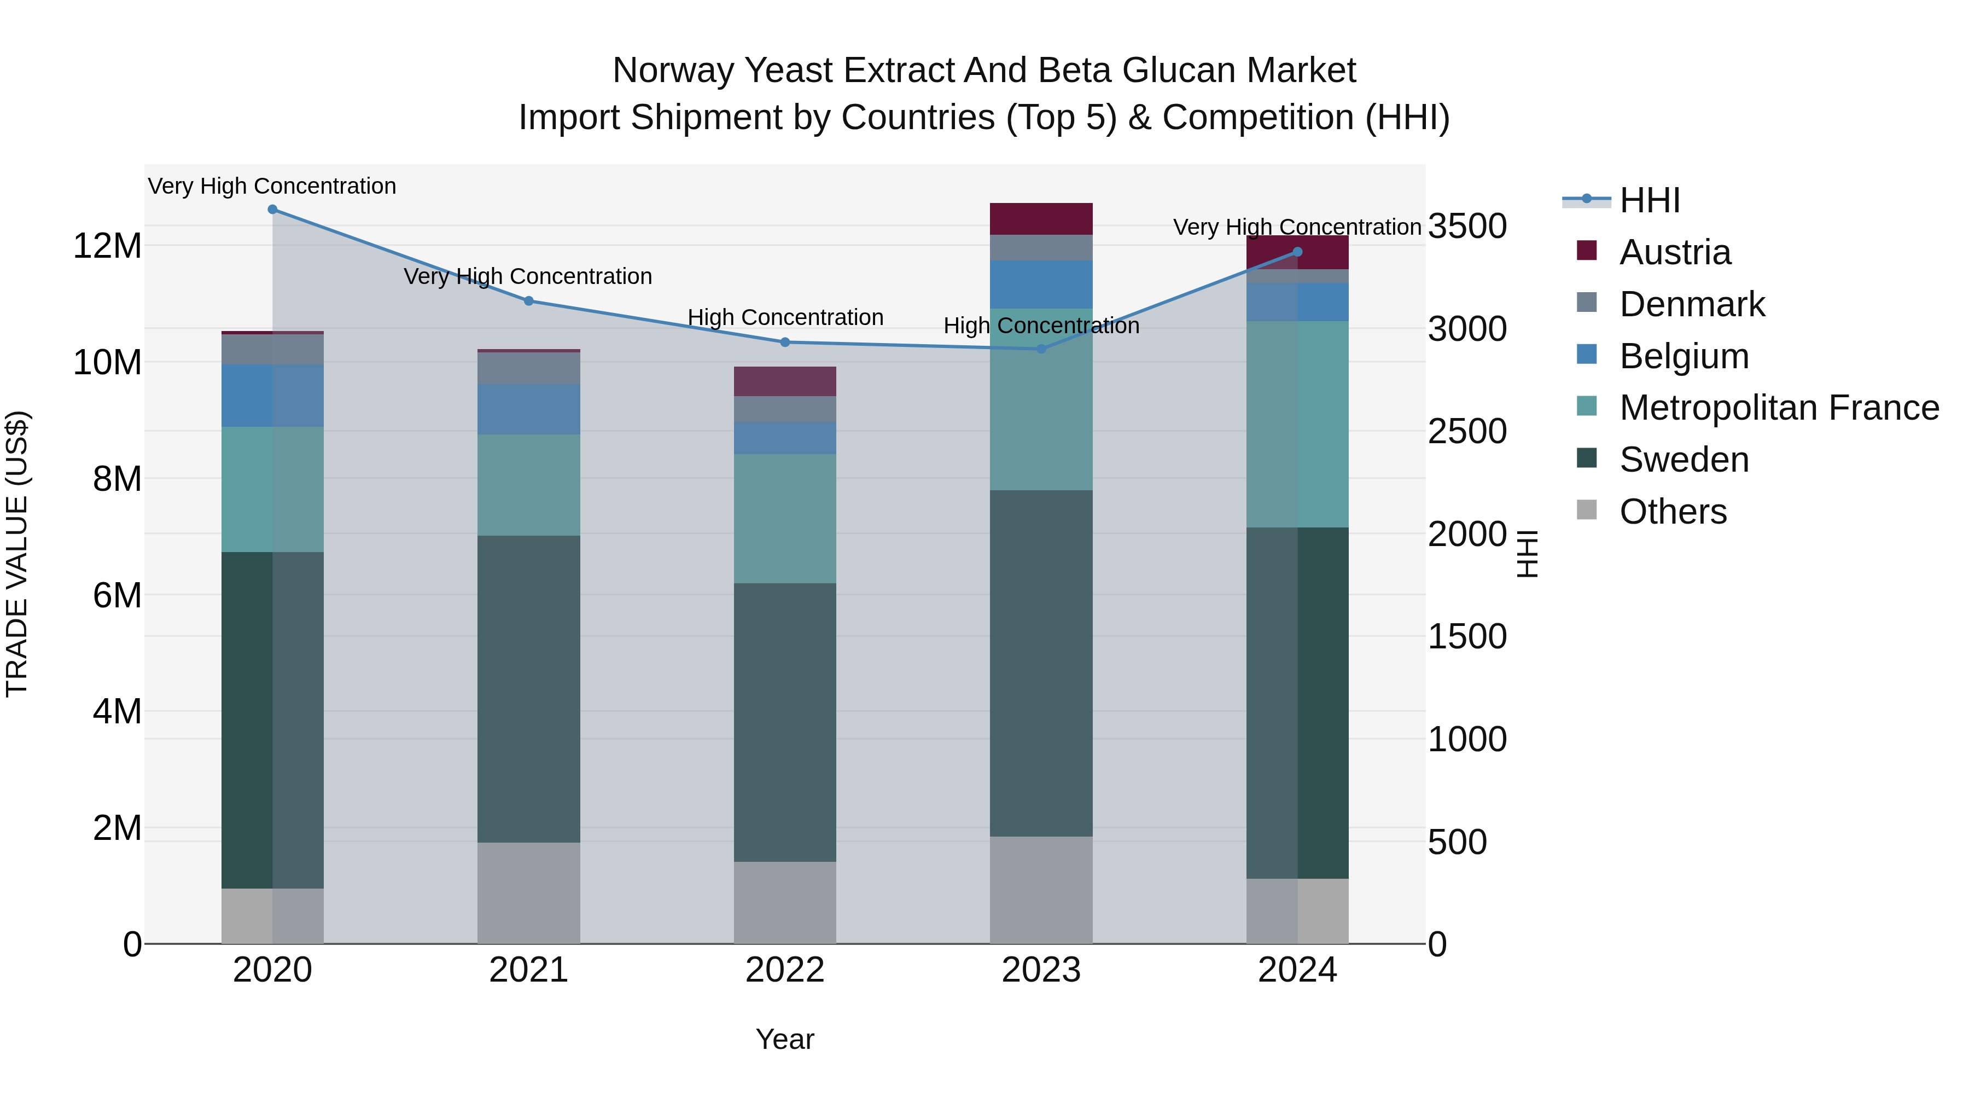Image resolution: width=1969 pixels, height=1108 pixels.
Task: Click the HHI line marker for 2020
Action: point(272,210)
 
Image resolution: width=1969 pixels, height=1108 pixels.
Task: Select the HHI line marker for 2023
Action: point(1041,349)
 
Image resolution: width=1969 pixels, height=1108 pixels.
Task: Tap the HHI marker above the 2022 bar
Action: point(785,343)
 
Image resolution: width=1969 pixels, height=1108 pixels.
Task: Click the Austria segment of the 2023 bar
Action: point(1041,219)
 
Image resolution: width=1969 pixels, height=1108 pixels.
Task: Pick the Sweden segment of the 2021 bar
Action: point(528,688)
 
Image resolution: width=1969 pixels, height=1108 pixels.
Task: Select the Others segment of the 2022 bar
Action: point(785,902)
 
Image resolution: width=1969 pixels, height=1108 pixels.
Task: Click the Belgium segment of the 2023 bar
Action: point(1041,285)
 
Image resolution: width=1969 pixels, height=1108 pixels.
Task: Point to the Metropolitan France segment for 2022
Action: point(785,519)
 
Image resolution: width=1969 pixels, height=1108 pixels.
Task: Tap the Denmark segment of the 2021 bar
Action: point(528,368)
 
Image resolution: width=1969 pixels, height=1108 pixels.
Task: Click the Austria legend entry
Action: point(1674,252)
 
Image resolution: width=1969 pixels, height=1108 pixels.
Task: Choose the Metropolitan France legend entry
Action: point(1779,408)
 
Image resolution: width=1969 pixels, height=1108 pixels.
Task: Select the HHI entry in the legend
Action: point(1650,200)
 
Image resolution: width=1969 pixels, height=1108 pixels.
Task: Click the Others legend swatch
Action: point(1587,510)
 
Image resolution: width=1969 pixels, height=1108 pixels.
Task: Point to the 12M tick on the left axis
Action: point(107,246)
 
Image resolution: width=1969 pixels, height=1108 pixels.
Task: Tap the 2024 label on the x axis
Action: point(1297,970)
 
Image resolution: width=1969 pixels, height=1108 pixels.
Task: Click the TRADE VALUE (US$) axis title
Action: point(17,554)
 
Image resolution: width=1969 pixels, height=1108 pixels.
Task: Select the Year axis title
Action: point(785,1039)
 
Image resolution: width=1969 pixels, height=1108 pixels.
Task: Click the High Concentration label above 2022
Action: point(785,317)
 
